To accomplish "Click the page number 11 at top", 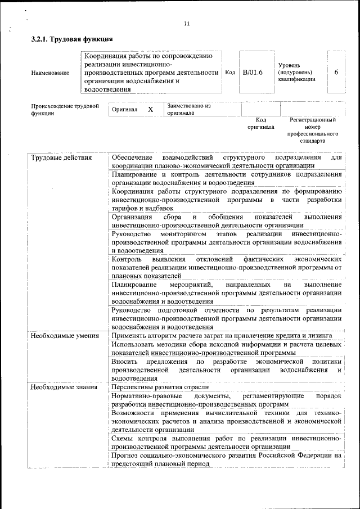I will [187, 24].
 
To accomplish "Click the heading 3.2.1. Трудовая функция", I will [72, 39].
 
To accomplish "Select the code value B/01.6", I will [253, 73].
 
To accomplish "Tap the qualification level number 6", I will [336, 73].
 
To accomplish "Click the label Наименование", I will [51, 73].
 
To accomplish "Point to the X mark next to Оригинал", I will [150, 109].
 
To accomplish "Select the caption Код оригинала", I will [260, 123].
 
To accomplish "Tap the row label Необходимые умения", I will [65, 336].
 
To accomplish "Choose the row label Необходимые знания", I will [64, 387].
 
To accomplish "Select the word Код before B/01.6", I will [230, 73].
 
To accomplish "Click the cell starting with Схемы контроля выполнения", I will [226, 442].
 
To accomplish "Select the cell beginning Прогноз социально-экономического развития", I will [226, 460].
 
